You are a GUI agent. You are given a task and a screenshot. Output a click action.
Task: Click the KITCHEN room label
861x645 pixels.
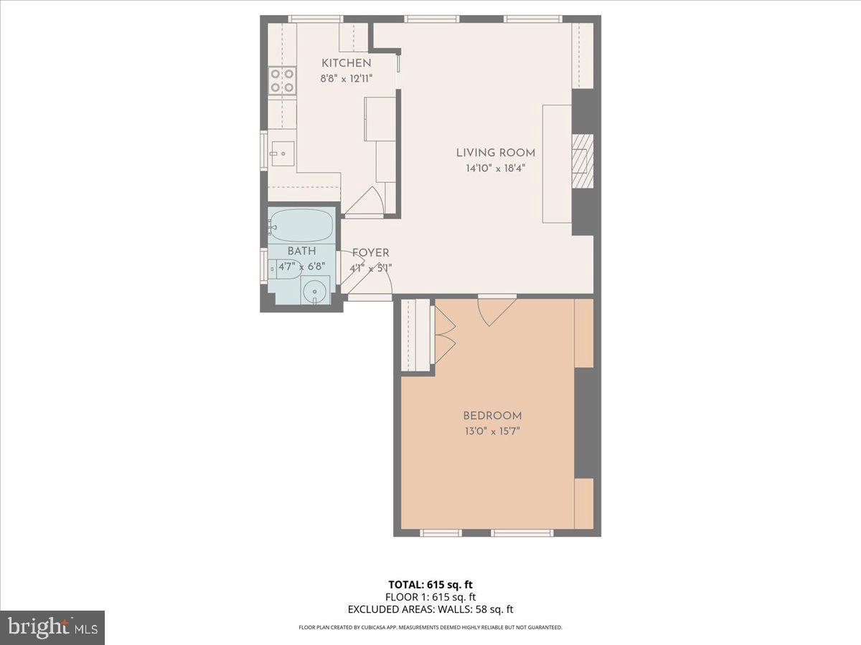(346, 63)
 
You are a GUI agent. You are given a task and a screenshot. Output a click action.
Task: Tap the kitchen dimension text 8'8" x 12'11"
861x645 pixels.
(346, 78)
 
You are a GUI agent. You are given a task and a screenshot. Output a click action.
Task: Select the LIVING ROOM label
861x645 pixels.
(495, 153)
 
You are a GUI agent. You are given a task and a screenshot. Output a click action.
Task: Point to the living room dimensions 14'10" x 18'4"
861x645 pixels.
(495, 169)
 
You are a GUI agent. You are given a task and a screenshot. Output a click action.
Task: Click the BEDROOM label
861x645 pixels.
(491, 416)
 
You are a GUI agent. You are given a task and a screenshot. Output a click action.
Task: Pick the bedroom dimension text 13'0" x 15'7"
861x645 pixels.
(491, 431)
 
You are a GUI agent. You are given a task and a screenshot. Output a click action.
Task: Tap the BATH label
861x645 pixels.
(301, 252)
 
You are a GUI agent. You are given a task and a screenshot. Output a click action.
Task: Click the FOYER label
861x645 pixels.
(370, 253)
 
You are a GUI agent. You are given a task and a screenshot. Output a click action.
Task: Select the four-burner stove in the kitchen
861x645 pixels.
(282, 80)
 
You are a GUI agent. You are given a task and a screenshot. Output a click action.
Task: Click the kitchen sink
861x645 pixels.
(282, 153)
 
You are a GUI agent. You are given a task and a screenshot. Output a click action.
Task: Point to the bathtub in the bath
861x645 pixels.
(301, 225)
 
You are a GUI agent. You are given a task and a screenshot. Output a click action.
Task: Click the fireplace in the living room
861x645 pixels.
(580, 160)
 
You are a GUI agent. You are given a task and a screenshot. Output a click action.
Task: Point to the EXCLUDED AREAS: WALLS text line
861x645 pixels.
(430, 610)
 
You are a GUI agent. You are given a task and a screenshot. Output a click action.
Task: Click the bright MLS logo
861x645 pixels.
(52, 627)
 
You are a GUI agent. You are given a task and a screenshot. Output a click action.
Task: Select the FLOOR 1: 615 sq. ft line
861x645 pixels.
(430, 597)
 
